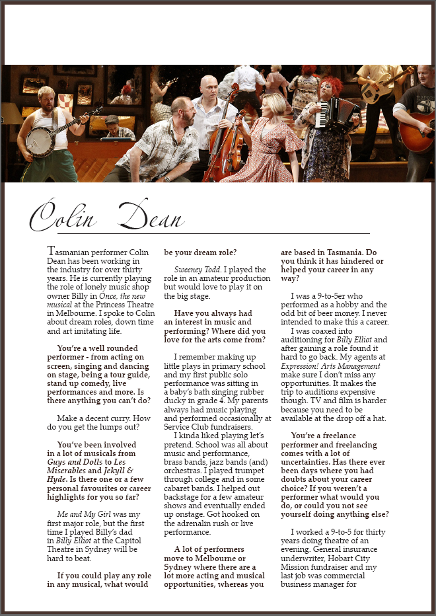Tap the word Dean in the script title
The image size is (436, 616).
[x=152, y=216]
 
